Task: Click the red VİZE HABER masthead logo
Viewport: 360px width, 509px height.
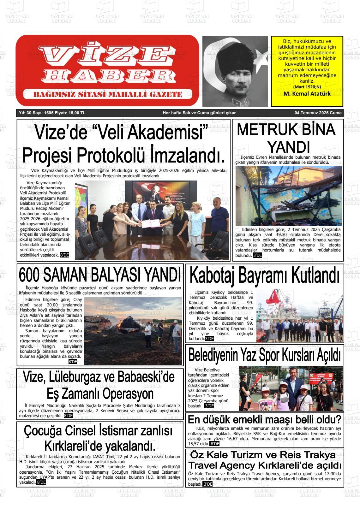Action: point(107,70)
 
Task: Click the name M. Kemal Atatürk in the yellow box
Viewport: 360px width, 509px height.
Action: point(307,94)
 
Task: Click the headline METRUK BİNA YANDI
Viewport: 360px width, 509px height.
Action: point(286,138)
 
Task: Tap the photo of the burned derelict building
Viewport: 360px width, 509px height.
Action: point(289,196)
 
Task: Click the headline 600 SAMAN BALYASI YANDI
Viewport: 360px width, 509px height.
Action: point(100,275)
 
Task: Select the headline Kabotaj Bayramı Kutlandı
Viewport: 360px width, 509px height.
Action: point(264,275)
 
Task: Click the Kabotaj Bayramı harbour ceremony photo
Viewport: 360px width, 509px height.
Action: point(299,316)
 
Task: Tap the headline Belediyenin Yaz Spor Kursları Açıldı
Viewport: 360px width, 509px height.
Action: point(264,355)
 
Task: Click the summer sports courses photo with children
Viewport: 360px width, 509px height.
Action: point(290,388)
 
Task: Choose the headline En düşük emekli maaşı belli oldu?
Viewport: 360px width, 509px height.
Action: point(264,420)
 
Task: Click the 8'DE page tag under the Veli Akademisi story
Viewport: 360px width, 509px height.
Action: point(64,255)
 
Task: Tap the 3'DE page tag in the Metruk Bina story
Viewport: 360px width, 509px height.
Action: point(258,255)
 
